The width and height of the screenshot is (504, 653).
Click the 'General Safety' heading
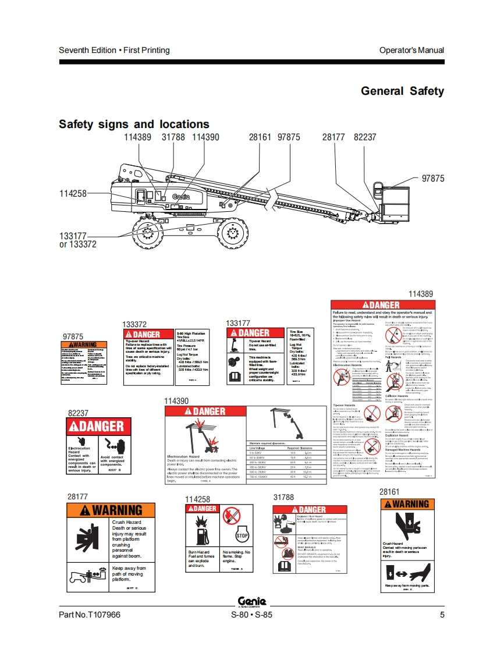tap(402, 91)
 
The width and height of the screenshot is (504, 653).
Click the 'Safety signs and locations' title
tap(134, 124)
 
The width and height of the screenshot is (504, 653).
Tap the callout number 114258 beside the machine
tap(73, 193)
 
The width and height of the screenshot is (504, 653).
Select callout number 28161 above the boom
tap(260, 137)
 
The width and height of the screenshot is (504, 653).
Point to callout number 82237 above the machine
tap(365, 137)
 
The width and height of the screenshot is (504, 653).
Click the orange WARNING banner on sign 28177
tap(112, 510)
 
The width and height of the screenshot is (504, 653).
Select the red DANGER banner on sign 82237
tap(96, 427)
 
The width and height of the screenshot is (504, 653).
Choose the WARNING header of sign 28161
tap(406, 504)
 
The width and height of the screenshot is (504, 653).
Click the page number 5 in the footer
tap(442, 615)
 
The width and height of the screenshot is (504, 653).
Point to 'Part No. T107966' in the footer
tap(90, 615)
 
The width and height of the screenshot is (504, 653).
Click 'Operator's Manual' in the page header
tap(411, 50)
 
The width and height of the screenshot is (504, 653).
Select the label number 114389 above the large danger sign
tap(421, 294)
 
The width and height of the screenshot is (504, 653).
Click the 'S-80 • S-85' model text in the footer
tap(251, 615)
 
